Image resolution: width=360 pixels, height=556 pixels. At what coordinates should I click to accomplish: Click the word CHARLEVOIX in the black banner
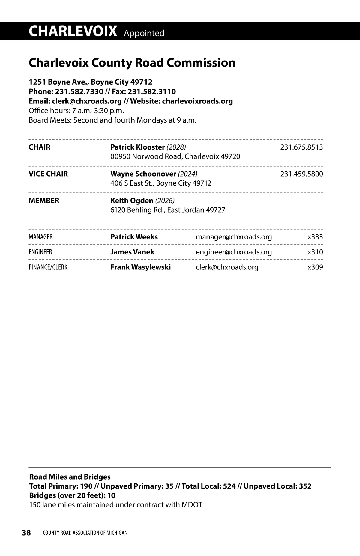click(x=73, y=31)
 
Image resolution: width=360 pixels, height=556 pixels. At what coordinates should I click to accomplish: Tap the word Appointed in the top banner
click(x=144, y=33)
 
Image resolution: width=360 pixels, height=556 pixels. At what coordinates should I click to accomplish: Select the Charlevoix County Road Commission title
click(x=132, y=63)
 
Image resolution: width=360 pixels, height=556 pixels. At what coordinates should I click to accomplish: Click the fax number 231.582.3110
click(x=152, y=91)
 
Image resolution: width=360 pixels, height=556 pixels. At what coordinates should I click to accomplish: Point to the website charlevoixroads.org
click(x=197, y=101)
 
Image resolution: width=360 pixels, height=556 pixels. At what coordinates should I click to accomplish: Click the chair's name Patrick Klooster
click(x=137, y=147)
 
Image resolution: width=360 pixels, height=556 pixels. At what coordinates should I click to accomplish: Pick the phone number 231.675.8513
click(x=301, y=147)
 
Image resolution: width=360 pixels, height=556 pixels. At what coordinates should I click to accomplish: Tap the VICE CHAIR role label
click(x=48, y=174)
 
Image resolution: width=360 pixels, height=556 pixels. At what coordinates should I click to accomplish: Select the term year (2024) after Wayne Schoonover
click(x=187, y=174)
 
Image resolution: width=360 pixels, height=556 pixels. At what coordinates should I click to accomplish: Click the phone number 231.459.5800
click(x=301, y=174)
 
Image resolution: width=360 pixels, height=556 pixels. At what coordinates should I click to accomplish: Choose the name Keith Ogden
click(x=132, y=201)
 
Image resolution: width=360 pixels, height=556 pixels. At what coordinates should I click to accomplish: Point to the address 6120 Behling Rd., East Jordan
click(x=168, y=210)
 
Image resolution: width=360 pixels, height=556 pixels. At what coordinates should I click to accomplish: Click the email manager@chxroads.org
click(x=234, y=237)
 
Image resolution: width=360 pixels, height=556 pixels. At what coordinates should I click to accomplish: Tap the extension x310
click(x=315, y=252)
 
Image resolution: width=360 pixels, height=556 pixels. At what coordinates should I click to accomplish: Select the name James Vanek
click(x=132, y=252)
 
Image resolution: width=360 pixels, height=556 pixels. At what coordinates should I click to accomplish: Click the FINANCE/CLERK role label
click(x=48, y=267)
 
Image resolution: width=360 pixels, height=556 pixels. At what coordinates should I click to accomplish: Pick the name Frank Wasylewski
click(x=140, y=267)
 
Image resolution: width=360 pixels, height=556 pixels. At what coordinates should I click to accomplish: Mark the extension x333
click(x=315, y=237)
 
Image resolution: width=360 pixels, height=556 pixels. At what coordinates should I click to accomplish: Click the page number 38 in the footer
click(x=26, y=533)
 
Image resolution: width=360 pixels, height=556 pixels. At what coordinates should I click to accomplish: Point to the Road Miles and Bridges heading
click(x=70, y=477)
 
